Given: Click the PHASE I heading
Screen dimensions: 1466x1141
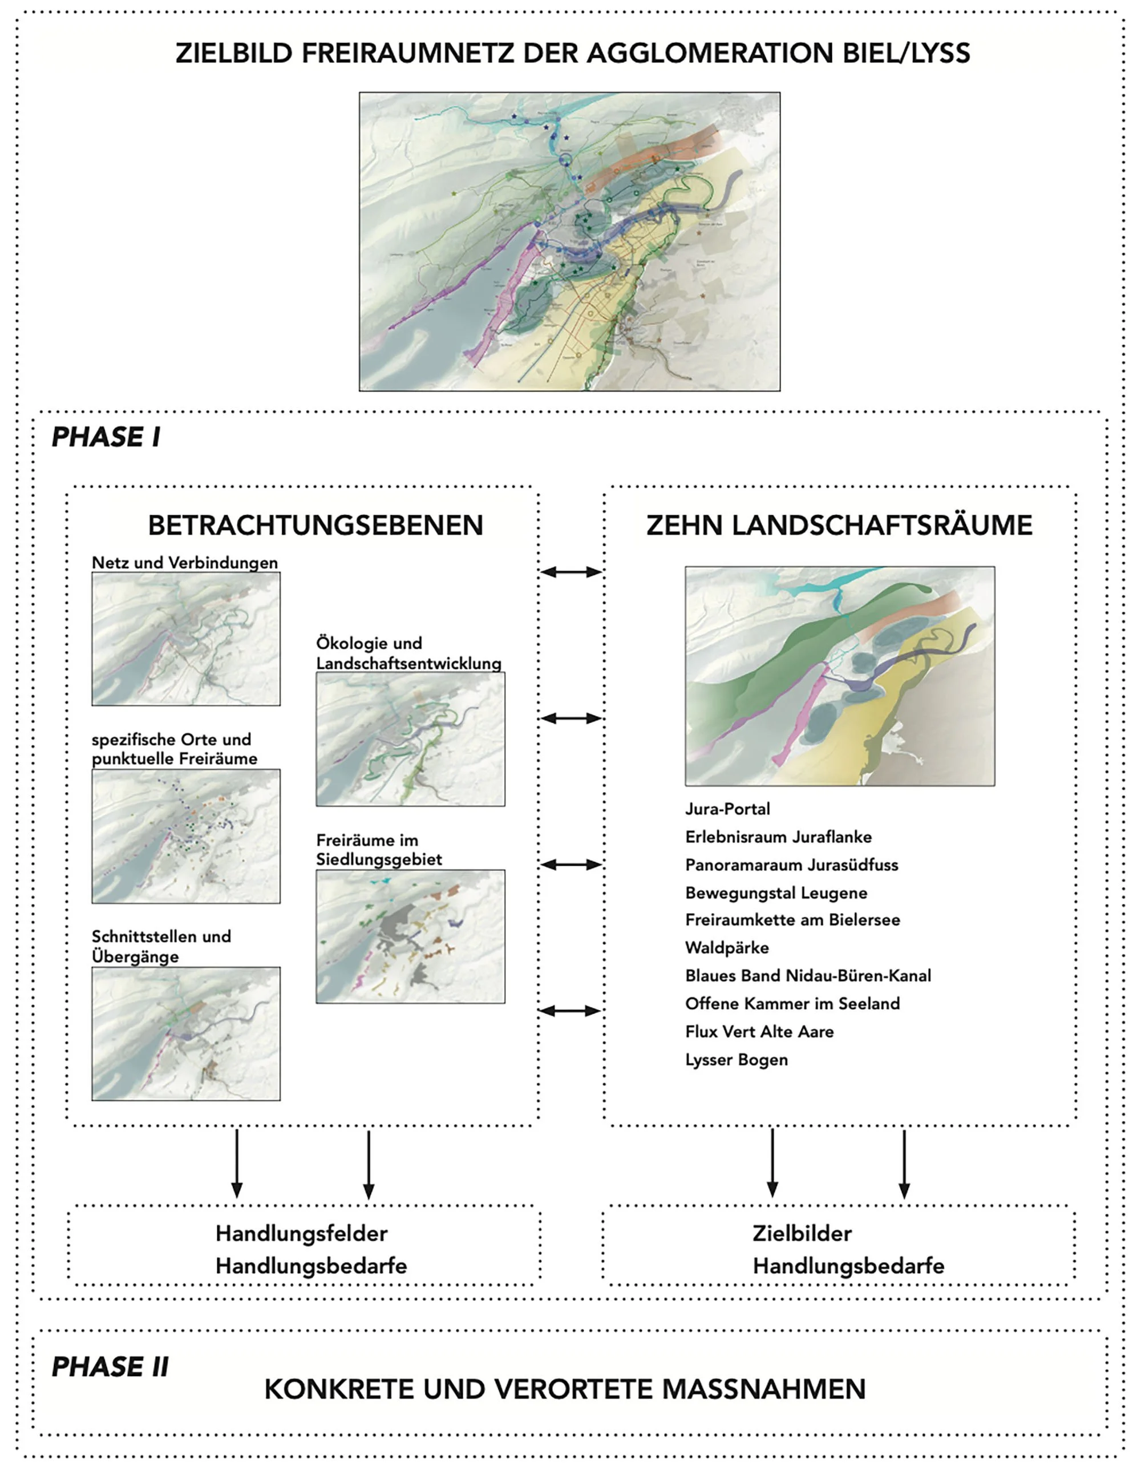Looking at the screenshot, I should (x=106, y=437).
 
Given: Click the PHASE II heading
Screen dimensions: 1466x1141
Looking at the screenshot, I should (x=110, y=1367).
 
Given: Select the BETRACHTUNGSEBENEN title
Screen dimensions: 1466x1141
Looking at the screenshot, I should (x=315, y=525).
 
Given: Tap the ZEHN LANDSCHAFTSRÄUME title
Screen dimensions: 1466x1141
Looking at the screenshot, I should (x=839, y=525).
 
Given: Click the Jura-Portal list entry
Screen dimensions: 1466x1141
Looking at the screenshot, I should (x=727, y=809).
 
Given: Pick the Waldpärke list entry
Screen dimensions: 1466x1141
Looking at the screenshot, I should (x=727, y=948).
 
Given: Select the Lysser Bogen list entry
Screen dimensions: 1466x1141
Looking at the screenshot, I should (x=737, y=1059).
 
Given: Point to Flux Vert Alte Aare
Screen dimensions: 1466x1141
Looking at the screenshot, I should (x=759, y=1032).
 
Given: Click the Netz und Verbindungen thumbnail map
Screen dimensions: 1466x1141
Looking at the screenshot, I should (x=186, y=639).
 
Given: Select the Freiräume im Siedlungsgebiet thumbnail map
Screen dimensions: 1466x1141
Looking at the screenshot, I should (x=410, y=936).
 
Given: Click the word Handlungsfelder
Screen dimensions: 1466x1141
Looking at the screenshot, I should (x=301, y=1233).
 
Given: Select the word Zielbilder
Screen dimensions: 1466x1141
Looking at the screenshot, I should (x=802, y=1233).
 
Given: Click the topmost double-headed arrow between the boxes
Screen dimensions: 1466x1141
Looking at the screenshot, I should (x=571, y=572).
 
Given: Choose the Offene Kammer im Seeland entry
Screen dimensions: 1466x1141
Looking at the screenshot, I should (x=792, y=1004).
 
